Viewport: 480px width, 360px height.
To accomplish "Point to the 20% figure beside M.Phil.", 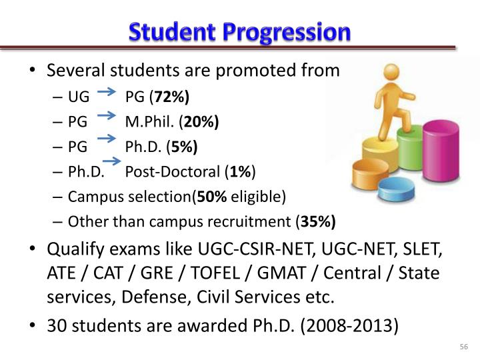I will (201, 123).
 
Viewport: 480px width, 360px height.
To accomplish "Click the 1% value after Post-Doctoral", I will (240, 172).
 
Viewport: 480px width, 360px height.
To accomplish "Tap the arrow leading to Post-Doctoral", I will (111, 161).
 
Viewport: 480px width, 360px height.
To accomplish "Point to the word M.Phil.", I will (153, 123).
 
